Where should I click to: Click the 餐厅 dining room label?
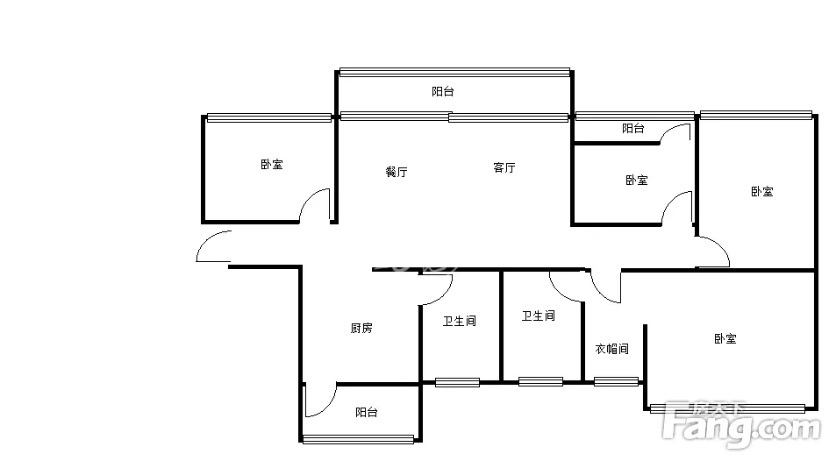(x=397, y=172)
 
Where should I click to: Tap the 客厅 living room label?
(x=504, y=167)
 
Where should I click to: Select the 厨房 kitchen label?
(x=361, y=328)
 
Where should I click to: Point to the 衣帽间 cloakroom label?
(x=611, y=349)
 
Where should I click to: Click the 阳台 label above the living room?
(x=442, y=91)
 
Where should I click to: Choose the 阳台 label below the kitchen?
(x=367, y=412)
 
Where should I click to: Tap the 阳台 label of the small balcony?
(x=632, y=128)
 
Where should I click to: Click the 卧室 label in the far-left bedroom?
(x=271, y=164)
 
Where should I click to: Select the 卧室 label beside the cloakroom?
(x=725, y=338)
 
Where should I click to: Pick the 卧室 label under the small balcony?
(x=636, y=181)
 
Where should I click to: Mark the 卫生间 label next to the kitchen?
(x=459, y=321)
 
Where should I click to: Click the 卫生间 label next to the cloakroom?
(x=538, y=316)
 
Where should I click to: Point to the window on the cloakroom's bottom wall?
(x=616, y=381)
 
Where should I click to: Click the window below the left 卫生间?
(x=457, y=381)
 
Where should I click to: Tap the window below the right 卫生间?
(x=540, y=381)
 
